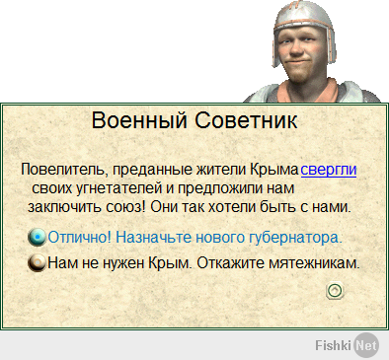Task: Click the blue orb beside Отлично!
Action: pyautogui.click(x=38, y=238)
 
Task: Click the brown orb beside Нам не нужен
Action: pyautogui.click(x=38, y=264)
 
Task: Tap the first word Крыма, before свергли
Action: pyautogui.click(x=274, y=170)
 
